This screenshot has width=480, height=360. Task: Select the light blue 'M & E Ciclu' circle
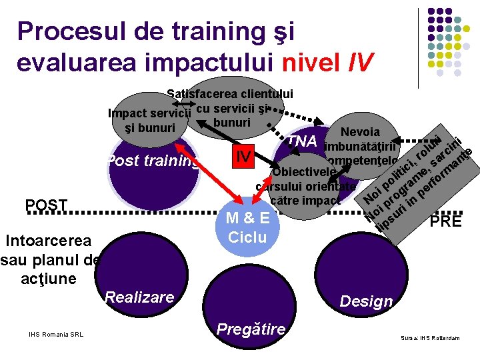click(247, 227)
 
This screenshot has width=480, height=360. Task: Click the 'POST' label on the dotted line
click(46, 205)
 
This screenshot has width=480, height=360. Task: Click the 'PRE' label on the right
click(446, 221)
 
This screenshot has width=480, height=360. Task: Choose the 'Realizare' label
click(139, 297)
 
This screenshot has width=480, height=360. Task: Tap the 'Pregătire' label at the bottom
click(251, 329)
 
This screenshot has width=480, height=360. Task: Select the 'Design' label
click(366, 301)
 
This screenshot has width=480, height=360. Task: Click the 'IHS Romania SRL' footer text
click(56, 334)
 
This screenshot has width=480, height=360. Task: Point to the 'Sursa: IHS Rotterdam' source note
click(430, 338)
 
